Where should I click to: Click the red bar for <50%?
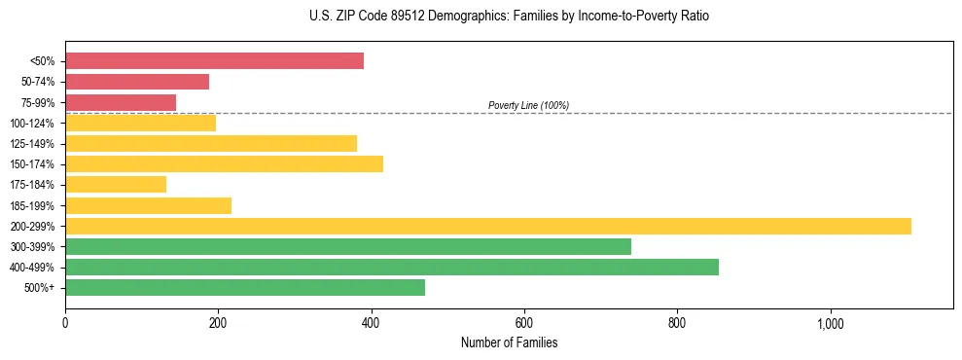pyautogui.click(x=214, y=61)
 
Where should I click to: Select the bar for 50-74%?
pyautogui.click(x=137, y=82)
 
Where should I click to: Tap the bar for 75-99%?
pyautogui.click(x=121, y=102)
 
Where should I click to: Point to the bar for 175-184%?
pyautogui.click(x=116, y=185)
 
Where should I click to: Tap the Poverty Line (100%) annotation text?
pyautogui.click(x=528, y=105)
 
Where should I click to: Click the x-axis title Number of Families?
pyautogui.click(x=509, y=343)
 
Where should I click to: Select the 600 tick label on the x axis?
pyautogui.click(x=524, y=323)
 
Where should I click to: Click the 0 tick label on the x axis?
pyautogui.click(x=65, y=323)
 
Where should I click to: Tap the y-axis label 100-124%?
pyautogui.click(x=32, y=124)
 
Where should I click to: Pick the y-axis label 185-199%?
pyautogui.click(x=32, y=205)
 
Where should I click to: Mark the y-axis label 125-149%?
pyautogui.click(x=32, y=144)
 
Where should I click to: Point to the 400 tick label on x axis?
pyautogui.click(x=372, y=323)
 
